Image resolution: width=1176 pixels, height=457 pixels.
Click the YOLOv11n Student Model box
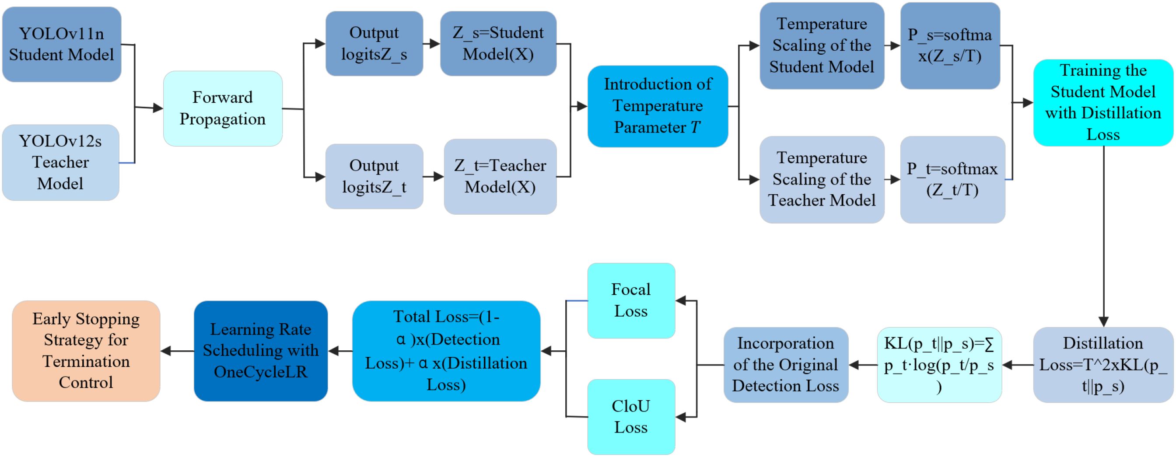coord(62,44)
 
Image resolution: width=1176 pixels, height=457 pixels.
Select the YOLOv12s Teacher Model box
coord(61,162)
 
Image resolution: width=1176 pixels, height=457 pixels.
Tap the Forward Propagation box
coord(222,108)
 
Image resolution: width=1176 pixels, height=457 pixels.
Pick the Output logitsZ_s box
coord(374,43)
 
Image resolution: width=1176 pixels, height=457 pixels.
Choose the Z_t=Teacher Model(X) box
coord(500,176)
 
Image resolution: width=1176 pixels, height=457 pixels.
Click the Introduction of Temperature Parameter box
coord(658,106)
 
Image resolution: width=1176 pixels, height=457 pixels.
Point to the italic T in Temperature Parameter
coord(695,127)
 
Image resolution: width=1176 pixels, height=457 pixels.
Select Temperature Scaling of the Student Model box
coord(821,45)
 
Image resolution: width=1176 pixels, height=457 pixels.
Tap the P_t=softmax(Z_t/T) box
coord(952,179)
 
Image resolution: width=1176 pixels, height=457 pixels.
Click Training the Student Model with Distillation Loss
coord(1102,102)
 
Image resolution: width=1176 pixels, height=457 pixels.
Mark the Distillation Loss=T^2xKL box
coord(1102,364)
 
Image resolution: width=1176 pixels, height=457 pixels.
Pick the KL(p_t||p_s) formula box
coord(939,364)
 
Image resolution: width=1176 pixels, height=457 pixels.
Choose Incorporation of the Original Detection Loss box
coord(785,364)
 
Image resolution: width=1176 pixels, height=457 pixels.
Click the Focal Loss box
coord(630,300)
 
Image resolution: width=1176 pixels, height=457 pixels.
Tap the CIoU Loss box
coord(630,416)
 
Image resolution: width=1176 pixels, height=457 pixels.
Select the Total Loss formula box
coord(446,351)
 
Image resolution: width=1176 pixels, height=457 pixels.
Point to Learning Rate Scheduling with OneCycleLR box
coord(261,351)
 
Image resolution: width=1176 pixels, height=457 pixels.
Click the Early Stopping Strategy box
coord(86,351)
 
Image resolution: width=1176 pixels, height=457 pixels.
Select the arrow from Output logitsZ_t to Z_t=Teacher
coord(433,177)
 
